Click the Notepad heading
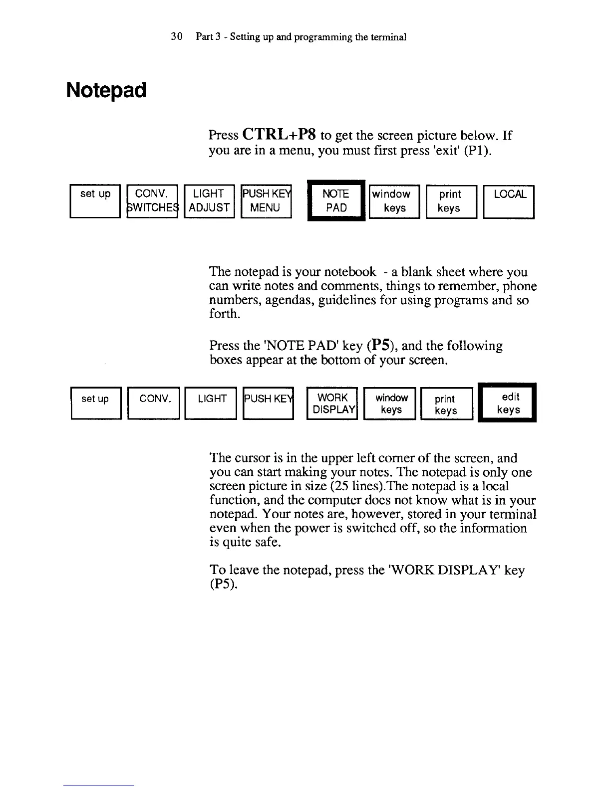(x=106, y=90)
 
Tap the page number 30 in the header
(x=176, y=36)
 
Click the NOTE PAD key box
(x=336, y=200)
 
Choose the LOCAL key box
(x=509, y=201)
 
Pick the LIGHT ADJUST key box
(x=209, y=201)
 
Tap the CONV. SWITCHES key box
(x=152, y=201)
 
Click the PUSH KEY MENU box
(x=266, y=201)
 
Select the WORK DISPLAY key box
(x=332, y=403)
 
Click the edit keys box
(x=507, y=403)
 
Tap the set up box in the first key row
(x=95, y=201)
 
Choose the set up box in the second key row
(x=96, y=403)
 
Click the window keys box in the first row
(x=394, y=201)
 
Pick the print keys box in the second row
(x=446, y=404)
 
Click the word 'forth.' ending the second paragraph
(x=225, y=314)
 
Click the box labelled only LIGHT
(x=210, y=403)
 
